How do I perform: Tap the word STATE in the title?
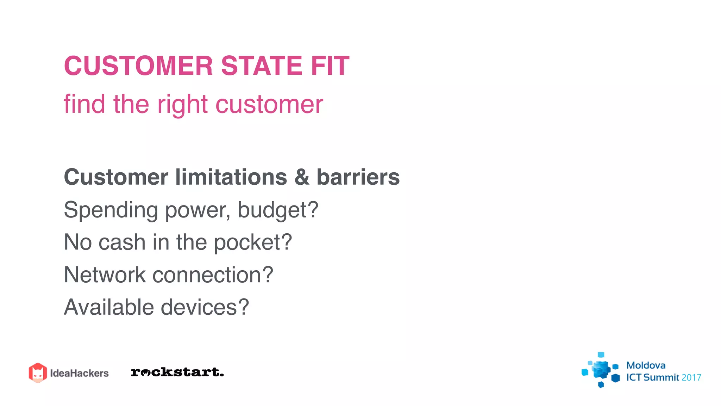pyautogui.click(x=262, y=66)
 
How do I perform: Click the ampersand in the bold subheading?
pyautogui.click(x=302, y=177)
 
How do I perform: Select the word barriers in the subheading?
pyautogui.click(x=358, y=177)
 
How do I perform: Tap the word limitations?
pyautogui.click(x=231, y=177)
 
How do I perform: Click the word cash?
pyautogui.click(x=122, y=242)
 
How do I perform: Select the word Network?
pyautogui.click(x=105, y=275)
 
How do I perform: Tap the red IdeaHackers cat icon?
pyautogui.click(x=38, y=373)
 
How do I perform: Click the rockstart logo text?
pyautogui.click(x=177, y=372)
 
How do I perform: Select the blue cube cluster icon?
pyautogui.click(x=601, y=370)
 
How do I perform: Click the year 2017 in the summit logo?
pyautogui.click(x=691, y=378)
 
